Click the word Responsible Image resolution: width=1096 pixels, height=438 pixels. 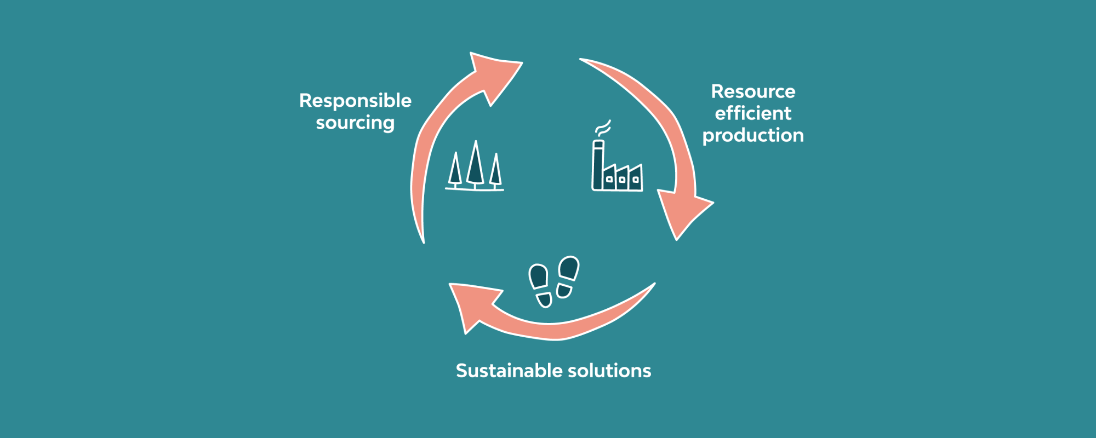[355, 101]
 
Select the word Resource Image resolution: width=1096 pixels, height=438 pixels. [753, 91]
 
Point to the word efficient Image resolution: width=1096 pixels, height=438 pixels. [753, 113]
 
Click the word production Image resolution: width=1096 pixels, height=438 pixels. [753, 136]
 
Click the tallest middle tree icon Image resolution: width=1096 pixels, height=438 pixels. [475, 164]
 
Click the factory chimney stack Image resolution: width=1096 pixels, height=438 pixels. [598, 165]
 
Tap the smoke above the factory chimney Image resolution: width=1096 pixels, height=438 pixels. [603, 128]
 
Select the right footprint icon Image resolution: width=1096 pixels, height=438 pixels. [567, 277]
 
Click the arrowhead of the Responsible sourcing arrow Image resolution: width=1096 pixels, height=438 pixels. [494, 75]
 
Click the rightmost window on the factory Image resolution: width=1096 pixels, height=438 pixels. [636, 180]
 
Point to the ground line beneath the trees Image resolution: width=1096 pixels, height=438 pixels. [475, 189]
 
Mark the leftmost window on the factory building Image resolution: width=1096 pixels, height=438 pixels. [609, 179]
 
